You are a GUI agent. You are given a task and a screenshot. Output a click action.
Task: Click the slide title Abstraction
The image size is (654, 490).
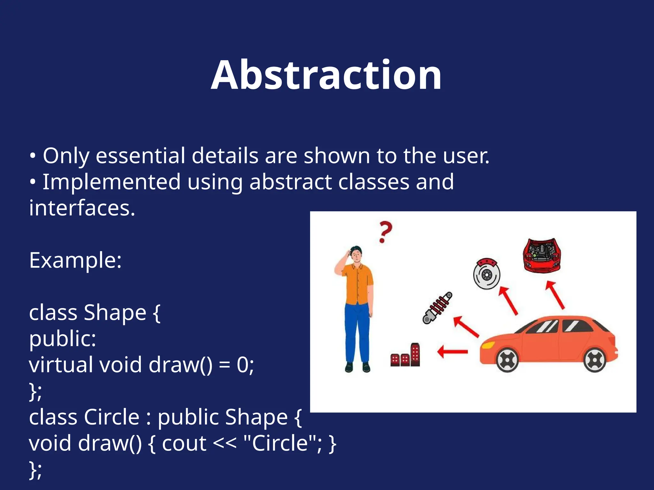coord(326,75)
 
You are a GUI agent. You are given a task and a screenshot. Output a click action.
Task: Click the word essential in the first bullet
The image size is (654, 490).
coord(141,156)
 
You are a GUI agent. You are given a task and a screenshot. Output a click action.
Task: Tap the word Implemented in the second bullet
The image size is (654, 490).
coord(111,182)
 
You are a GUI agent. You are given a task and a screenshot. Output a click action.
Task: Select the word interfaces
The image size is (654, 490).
coord(82,208)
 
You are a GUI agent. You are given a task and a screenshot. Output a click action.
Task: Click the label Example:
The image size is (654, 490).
coord(75,260)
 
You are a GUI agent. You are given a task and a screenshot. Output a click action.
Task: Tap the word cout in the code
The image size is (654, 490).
coord(184,443)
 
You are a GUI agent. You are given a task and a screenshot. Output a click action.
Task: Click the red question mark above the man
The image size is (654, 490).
coord(385,232)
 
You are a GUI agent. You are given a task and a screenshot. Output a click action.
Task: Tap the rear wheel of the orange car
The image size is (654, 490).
coord(594,360)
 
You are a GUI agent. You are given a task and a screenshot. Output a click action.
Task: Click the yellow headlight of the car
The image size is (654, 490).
coord(488,345)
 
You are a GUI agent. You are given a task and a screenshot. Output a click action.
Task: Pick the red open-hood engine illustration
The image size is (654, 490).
coord(542,255)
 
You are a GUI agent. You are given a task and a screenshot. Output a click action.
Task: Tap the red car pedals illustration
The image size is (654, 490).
coord(406,356)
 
